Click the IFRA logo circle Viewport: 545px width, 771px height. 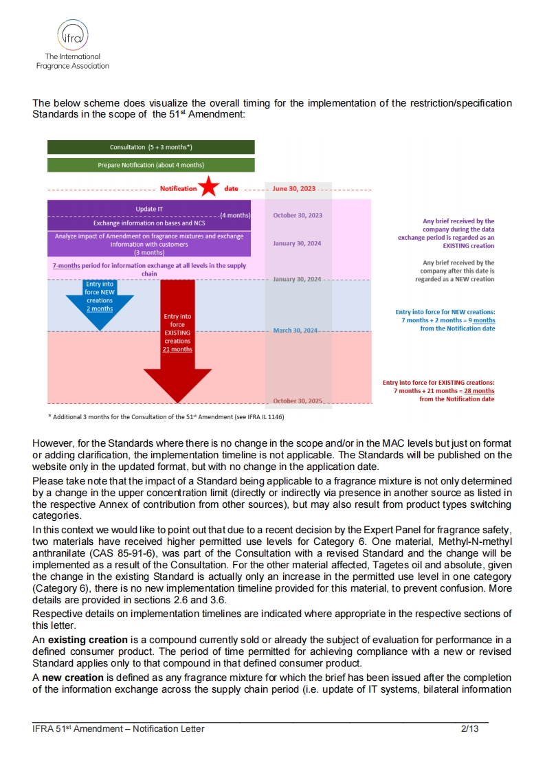(72, 34)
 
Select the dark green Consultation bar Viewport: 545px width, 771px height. (151, 147)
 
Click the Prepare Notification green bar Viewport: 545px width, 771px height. (151, 165)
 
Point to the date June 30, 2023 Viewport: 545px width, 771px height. (294, 188)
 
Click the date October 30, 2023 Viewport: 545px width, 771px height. (297, 215)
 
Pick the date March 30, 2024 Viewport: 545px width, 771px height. (295, 331)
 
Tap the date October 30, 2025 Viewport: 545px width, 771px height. (297, 401)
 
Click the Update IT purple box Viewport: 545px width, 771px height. (149, 208)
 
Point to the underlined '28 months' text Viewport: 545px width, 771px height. (479, 391)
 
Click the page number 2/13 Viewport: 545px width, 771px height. (469, 728)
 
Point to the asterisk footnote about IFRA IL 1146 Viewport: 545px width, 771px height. (166, 416)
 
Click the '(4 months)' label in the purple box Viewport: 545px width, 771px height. (235, 216)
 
